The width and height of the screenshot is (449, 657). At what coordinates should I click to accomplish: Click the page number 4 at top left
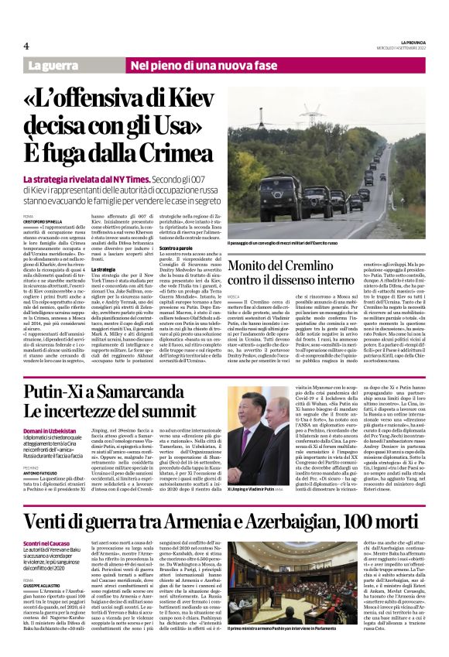click(26, 46)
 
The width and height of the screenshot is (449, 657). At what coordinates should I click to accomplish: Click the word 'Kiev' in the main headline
click(188, 101)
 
